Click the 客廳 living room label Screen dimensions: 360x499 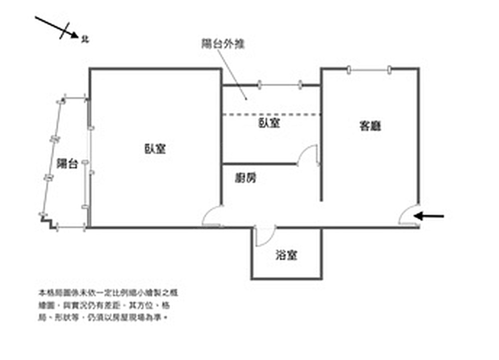pyautogui.click(x=370, y=127)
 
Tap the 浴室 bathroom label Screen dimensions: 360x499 pyautogui.click(x=286, y=256)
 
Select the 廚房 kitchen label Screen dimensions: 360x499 pyautogui.click(x=245, y=177)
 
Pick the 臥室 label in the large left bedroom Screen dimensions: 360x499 pyautogui.click(x=155, y=149)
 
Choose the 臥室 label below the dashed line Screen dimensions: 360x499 pyautogui.click(x=269, y=124)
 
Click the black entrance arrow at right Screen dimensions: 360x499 pyautogui.click(x=430, y=216)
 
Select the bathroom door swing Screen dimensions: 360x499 pyautogui.click(x=264, y=236)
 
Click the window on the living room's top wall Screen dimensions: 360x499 pyautogui.click(x=369, y=69)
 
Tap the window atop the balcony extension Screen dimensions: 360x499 pyautogui.click(x=280, y=85)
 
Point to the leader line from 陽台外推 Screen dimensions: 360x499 pyautogui.click(x=233, y=74)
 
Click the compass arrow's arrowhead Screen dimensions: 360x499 pyautogui.click(x=75, y=35)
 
